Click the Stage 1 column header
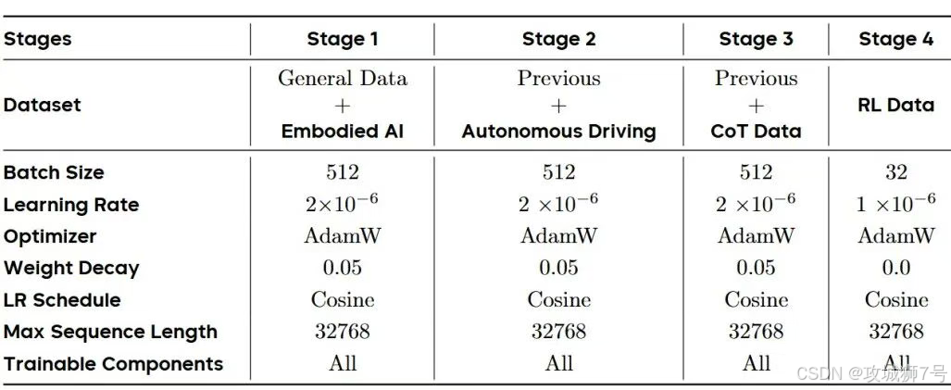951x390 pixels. coord(343,40)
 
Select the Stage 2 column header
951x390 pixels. coord(558,40)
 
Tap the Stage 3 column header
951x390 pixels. coord(756,40)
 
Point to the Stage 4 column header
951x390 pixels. coord(895,40)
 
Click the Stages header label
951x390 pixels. coord(38,40)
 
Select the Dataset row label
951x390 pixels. coord(43,105)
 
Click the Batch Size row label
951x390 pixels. coord(54,172)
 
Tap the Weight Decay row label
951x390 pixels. coord(71,269)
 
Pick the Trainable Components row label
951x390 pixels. coord(113,364)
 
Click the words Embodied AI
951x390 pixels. coord(343,132)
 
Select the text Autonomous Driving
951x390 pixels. coord(558,132)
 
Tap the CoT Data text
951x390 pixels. coord(756,132)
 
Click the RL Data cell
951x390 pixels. coord(895,105)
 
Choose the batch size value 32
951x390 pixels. coord(895,172)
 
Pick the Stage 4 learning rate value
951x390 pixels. coord(895,204)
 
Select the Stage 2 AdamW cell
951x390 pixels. coord(558,236)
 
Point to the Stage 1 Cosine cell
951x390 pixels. coord(343,300)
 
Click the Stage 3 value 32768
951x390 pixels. coord(756,332)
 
